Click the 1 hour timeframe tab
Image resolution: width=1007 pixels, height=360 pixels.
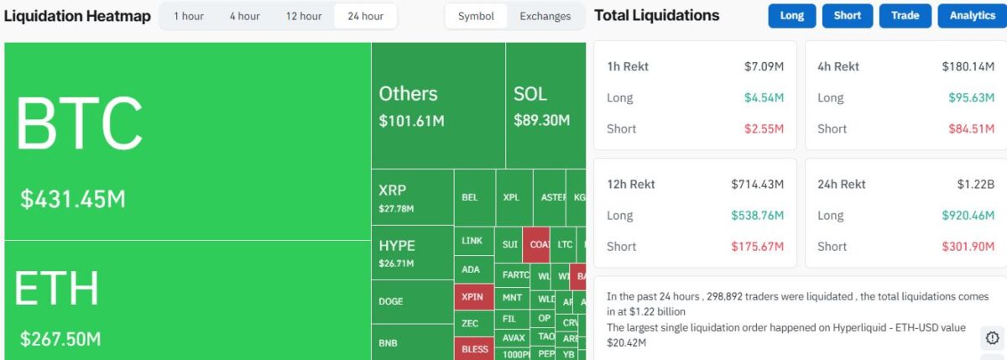pos(188,16)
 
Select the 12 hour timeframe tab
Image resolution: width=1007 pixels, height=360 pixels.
pos(304,16)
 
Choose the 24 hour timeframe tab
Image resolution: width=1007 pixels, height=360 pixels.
pos(366,16)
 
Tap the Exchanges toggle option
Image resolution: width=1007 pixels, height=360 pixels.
pos(545,16)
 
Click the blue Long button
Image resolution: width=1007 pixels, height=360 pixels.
pos(791,16)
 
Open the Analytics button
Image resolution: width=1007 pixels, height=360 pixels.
pos(972,16)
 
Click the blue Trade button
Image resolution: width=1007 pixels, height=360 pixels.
pos(905,16)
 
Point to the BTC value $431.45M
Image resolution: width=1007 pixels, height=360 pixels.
pos(73,200)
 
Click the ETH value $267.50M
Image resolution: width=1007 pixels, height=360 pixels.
pos(60,339)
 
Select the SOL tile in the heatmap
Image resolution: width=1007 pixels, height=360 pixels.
pos(545,105)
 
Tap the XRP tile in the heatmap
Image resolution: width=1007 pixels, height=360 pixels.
pos(412,198)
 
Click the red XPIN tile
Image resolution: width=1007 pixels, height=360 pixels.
pos(473,297)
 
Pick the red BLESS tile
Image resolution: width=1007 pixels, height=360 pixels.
pos(474,348)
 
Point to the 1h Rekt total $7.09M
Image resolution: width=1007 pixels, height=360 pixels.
pos(764,66)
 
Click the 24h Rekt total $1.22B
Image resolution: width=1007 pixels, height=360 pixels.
pos(976,184)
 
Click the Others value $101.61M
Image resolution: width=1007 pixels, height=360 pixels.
pos(411,121)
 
